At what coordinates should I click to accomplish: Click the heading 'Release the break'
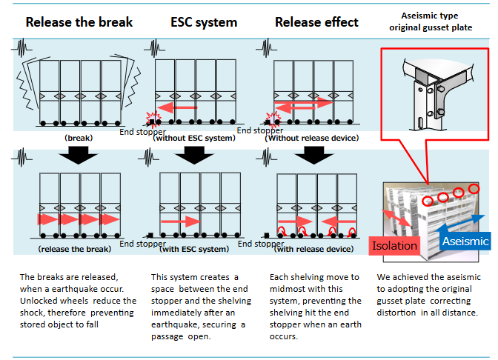click(79, 21)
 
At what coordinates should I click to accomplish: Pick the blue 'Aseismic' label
click(463, 241)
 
